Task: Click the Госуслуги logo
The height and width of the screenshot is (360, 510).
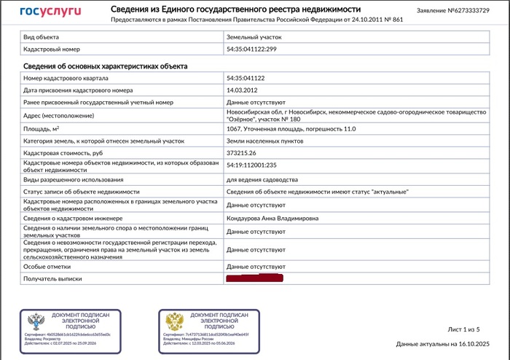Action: click(x=50, y=12)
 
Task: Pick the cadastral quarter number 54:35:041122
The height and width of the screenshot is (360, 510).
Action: click(x=246, y=78)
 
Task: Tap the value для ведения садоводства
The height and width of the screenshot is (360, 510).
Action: click(x=262, y=179)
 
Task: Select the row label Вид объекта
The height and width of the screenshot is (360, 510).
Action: click(x=42, y=36)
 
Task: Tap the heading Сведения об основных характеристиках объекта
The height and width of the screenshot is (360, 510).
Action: click(x=106, y=66)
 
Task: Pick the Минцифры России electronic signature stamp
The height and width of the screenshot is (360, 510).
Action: click(x=208, y=325)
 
